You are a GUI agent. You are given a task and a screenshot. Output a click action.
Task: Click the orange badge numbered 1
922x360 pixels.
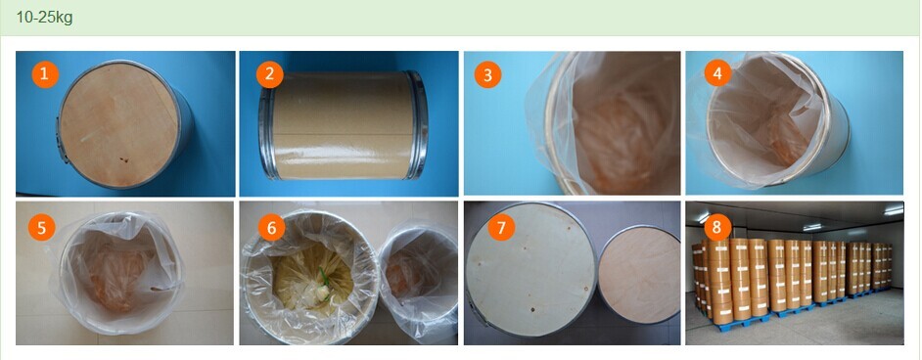click(45, 74)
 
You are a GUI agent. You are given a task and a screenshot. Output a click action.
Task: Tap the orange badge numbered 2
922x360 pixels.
click(270, 74)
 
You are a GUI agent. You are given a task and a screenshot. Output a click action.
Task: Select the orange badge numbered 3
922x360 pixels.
click(488, 74)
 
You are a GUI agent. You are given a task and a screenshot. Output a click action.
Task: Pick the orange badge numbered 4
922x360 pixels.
click(717, 72)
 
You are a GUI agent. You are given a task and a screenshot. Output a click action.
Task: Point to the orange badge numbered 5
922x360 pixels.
click(41, 227)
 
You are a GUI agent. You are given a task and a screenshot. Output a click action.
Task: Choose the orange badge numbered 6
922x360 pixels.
click(272, 227)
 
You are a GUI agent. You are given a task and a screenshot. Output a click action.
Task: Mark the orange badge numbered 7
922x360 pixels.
click(501, 227)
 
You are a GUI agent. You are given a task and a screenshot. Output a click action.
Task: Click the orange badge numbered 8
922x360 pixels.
click(717, 227)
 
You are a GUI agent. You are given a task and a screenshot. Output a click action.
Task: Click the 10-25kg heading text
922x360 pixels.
click(45, 17)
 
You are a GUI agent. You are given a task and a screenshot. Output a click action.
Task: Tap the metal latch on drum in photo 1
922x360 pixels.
click(61, 140)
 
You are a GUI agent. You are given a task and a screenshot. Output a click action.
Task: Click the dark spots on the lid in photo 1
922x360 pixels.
click(122, 159)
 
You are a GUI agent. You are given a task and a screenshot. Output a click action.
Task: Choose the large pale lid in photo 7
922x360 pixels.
click(531, 269)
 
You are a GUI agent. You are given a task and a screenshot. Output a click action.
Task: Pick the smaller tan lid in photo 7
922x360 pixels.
click(640, 274)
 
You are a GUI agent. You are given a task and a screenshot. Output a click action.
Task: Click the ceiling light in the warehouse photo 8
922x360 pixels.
click(894, 210)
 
